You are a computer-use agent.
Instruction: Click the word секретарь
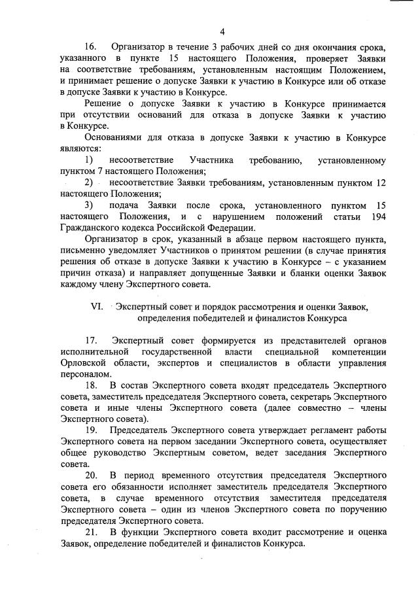(306, 396)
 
